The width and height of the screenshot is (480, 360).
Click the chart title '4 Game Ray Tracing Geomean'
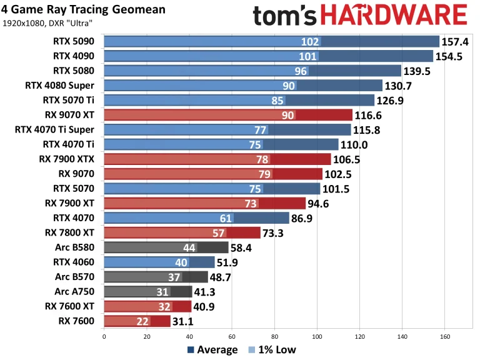click(x=84, y=9)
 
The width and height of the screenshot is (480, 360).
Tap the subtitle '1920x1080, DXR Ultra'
click(x=47, y=23)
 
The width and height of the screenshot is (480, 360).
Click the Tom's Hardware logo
click(x=360, y=16)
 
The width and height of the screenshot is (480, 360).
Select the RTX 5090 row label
click(x=74, y=42)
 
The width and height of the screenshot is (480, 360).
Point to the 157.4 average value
click(x=459, y=42)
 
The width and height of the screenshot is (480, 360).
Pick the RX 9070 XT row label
click(x=69, y=115)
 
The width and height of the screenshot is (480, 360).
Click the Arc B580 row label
click(x=74, y=247)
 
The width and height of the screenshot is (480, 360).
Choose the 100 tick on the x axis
click(x=317, y=336)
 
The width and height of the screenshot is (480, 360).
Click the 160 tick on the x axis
click(x=444, y=336)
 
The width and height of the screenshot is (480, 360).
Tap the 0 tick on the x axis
click(x=104, y=336)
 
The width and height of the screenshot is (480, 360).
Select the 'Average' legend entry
click(x=212, y=350)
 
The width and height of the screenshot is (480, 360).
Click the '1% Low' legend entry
click(x=273, y=350)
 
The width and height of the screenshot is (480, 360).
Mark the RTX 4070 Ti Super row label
click(x=54, y=130)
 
